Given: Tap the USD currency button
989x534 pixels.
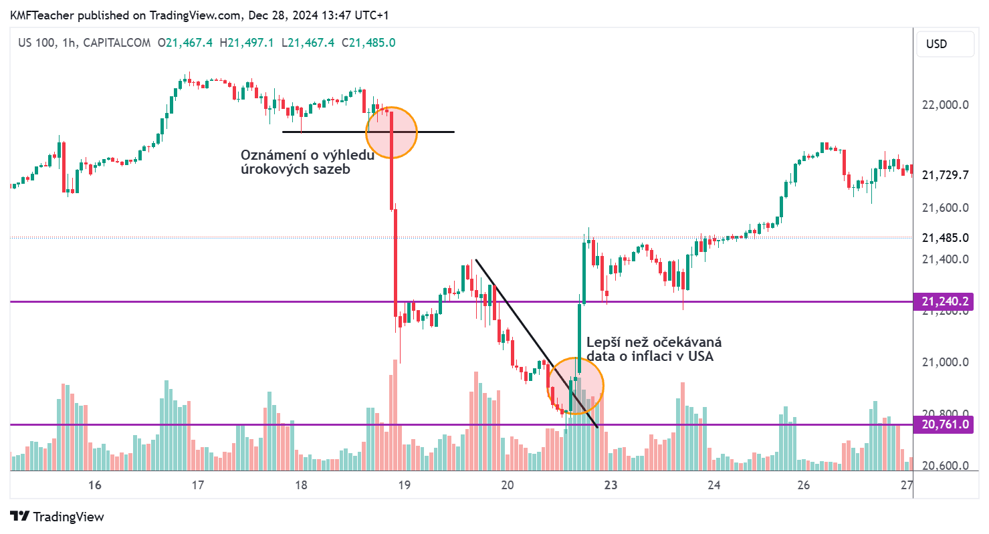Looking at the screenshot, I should (x=936, y=44).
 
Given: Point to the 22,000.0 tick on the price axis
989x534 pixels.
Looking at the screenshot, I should (x=945, y=105).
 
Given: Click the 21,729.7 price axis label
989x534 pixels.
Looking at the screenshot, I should (x=945, y=175).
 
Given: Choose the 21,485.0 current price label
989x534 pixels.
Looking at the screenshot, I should (x=945, y=238).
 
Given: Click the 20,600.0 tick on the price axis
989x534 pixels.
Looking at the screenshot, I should (x=945, y=466).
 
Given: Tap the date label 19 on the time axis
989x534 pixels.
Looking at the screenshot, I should (x=403, y=485).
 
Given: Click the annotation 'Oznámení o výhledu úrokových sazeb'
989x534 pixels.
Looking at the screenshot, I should (x=307, y=162).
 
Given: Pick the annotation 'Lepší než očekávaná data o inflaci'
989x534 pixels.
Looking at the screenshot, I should (x=653, y=350).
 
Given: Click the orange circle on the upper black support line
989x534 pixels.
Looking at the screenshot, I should (x=391, y=132).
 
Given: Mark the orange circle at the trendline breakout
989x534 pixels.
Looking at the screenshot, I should (x=576, y=386).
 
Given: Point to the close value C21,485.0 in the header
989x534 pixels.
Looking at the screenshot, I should (x=368, y=43).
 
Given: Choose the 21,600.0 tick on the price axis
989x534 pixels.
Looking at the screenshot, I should (x=945, y=208).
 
